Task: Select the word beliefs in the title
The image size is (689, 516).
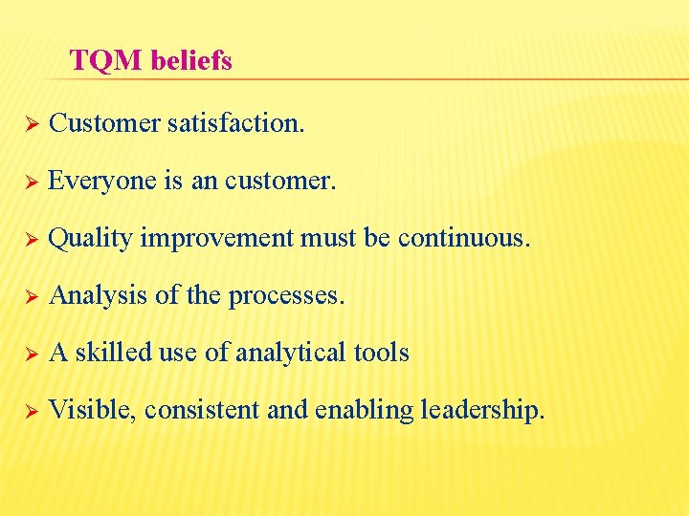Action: point(190,61)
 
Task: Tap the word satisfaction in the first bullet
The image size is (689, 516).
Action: point(235,122)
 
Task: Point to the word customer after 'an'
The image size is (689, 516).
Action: point(280,181)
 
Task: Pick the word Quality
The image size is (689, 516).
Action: point(90,239)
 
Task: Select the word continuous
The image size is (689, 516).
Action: point(463,238)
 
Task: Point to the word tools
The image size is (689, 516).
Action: point(381,353)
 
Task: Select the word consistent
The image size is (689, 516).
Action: point(208,411)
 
